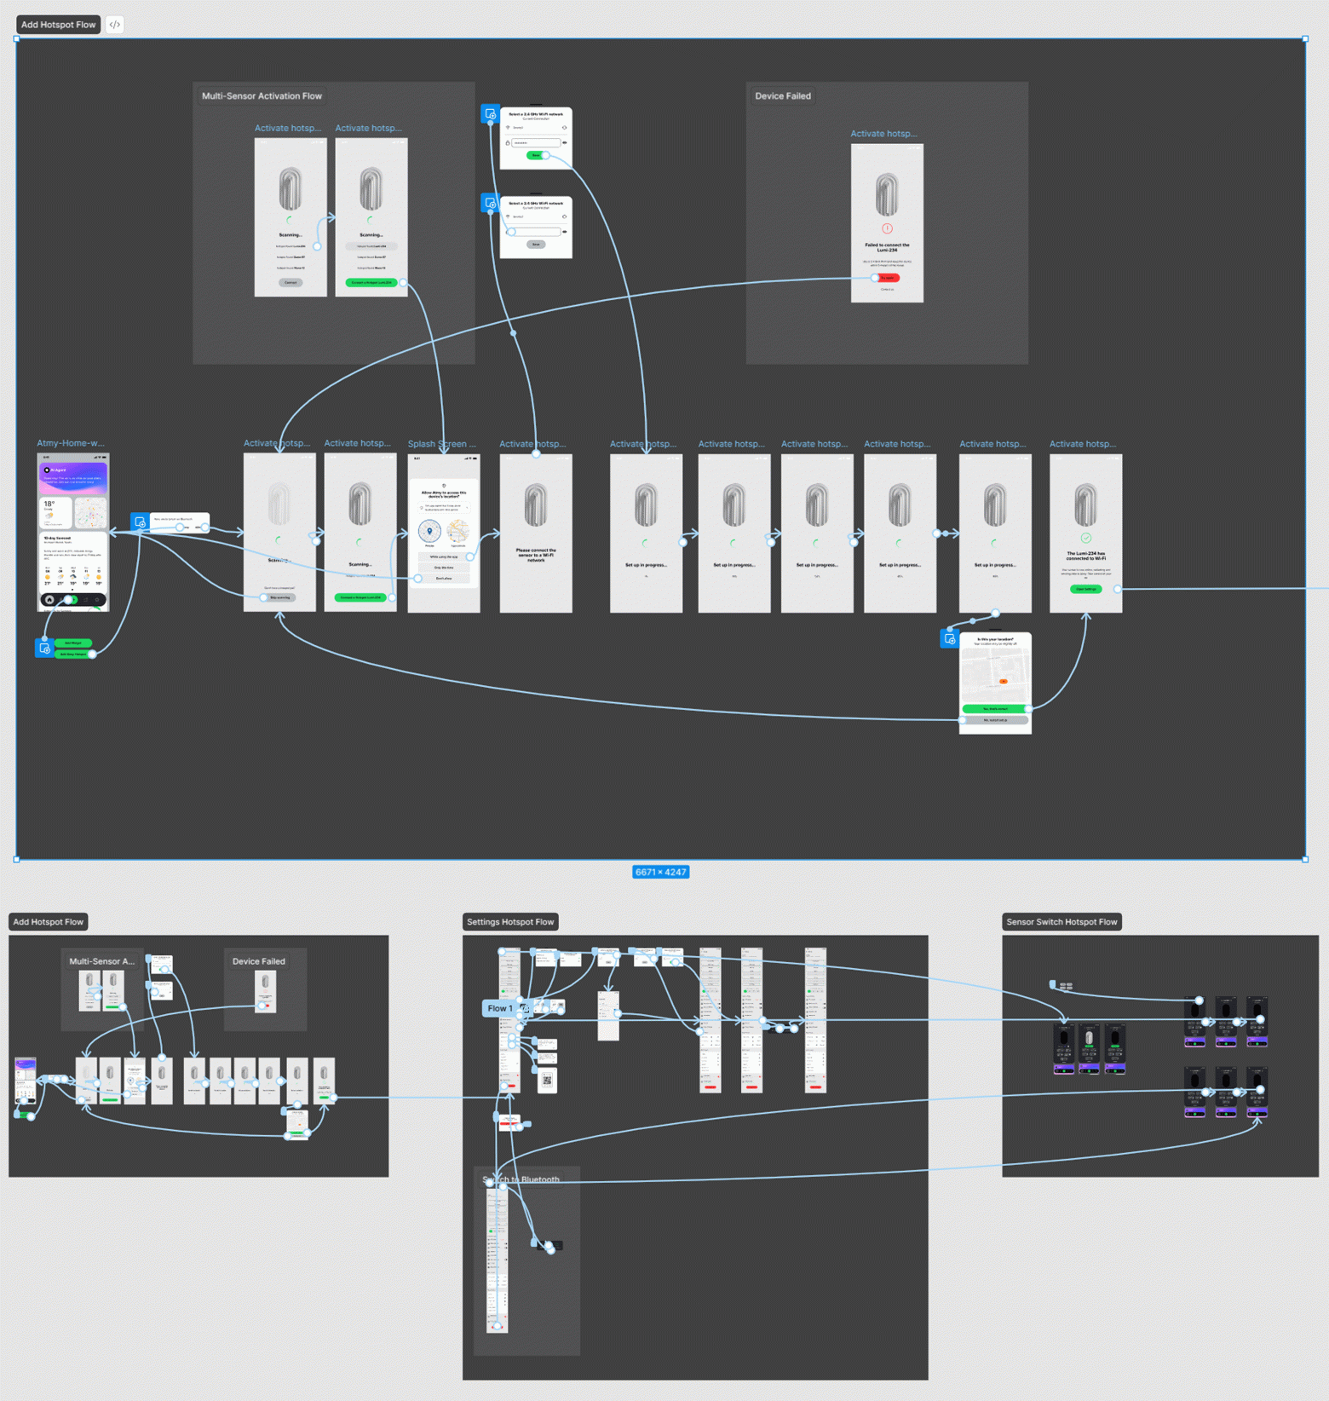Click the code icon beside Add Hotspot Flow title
coord(114,25)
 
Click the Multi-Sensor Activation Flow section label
coord(262,96)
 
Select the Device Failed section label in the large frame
coord(782,96)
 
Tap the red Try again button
coord(888,278)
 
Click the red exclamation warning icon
coord(887,228)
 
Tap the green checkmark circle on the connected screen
coord(1085,538)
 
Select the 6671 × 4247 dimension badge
coord(660,872)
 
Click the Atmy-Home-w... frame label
coord(71,443)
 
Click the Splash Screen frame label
coord(441,444)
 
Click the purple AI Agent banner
coord(73,476)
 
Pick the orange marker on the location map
coord(1004,681)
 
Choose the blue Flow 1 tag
coord(500,1008)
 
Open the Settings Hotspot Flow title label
coord(509,922)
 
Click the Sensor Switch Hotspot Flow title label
coord(1061,922)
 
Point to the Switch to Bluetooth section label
coord(521,1179)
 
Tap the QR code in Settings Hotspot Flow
coord(547,1080)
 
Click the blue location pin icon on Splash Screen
coord(429,531)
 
